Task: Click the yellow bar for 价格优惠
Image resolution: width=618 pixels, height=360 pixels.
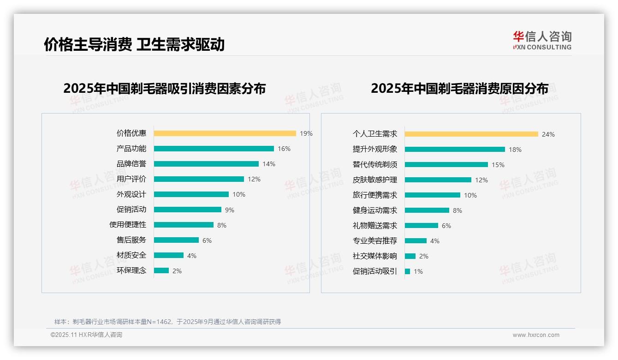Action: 225,133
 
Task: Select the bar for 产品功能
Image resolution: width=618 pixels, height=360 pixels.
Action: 214,149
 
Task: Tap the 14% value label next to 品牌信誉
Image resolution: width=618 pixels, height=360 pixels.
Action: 269,164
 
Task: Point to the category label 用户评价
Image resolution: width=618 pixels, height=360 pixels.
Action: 131,179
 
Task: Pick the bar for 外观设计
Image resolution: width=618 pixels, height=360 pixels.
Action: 191,194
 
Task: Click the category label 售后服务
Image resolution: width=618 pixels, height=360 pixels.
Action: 131,240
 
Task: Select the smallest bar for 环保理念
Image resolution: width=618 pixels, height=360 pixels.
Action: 161,270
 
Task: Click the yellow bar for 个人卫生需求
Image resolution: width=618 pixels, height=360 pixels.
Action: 471,134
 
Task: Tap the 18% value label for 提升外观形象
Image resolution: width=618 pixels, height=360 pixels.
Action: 515,150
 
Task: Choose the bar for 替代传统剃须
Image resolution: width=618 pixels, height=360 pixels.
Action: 446,165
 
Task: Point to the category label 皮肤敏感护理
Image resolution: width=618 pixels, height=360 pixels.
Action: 374,180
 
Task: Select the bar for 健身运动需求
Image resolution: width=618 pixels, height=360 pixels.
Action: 427,210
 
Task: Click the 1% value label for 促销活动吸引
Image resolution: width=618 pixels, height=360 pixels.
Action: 418,271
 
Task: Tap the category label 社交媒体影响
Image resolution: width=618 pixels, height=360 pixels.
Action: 374,256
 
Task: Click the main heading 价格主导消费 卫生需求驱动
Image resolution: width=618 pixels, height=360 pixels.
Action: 134,44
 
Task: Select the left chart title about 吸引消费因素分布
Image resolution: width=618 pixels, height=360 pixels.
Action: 164,89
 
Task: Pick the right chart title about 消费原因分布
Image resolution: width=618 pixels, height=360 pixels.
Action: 459,89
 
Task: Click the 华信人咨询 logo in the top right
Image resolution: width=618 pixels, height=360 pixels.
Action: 542,41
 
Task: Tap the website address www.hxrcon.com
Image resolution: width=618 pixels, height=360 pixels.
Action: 536,335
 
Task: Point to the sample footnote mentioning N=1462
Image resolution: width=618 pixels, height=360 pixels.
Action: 167,322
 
